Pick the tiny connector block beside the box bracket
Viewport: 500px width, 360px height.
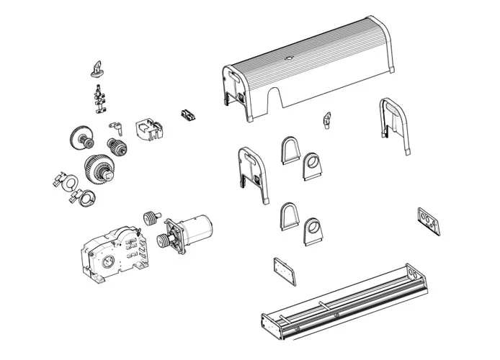(187, 114)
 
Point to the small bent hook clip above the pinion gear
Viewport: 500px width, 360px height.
(113, 127)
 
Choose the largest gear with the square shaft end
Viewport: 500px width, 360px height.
(98, 167)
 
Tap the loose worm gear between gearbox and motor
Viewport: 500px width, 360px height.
(151, 217)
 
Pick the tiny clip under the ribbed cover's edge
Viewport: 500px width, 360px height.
(327, 117)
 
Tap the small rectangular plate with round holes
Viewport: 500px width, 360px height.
(428, 220)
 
